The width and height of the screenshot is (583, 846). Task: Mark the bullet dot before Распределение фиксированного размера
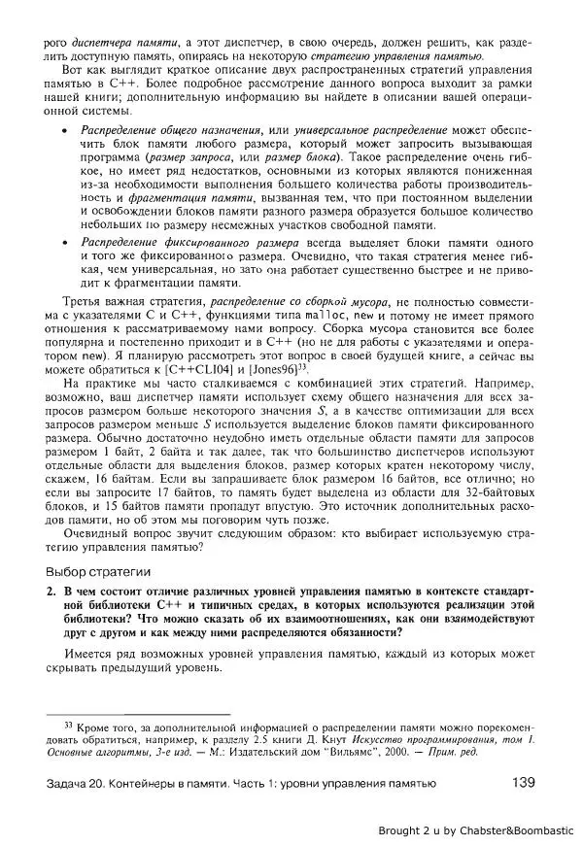point(64,240)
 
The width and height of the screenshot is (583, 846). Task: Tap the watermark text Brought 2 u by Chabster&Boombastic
point(477,830)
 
